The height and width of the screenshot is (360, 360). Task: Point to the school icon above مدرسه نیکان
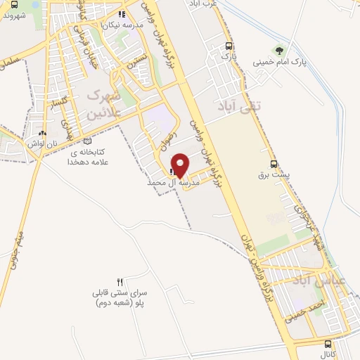coord(121,13)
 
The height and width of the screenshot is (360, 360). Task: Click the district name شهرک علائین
coord(105,103)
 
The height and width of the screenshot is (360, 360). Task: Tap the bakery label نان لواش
coord(41,143)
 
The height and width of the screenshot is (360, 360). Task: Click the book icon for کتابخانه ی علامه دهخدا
coord(86,141)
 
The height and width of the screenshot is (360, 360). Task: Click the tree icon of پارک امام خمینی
coord(281,50)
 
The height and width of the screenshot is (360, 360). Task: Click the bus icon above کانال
coord(328,344)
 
